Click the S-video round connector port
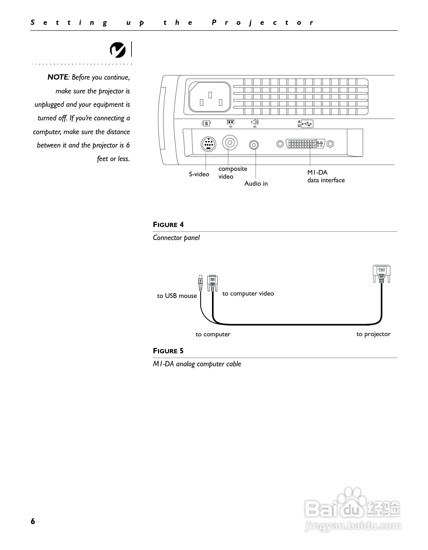(208, 144)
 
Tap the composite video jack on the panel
(230, 143)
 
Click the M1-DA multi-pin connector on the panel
(305, 144)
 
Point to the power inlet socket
(210, 97)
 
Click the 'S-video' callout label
(199, 174)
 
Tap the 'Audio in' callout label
(256, 184)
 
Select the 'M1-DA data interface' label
(326, 176)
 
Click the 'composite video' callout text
(232, 173)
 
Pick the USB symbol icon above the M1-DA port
(307, 124)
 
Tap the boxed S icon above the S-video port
(206, 123)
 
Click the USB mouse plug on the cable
(201, 283)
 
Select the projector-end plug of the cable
(381, 274)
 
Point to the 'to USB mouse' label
(177, 296)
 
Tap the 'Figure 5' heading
(168, 351)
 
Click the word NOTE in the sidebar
(58, 77)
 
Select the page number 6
(33, 521)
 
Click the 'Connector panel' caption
(176, 238)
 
